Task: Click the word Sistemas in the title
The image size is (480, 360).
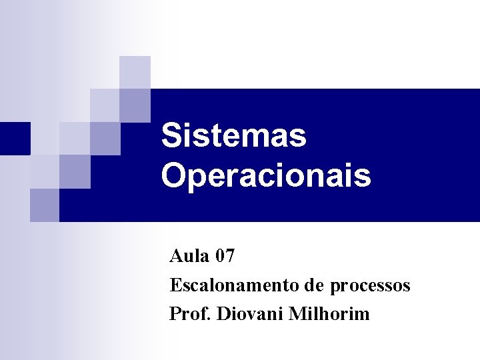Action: [233, 135]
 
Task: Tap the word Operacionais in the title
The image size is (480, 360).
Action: [265, 176]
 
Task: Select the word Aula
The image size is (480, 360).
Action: [189, 255]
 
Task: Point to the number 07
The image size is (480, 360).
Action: [225, 255]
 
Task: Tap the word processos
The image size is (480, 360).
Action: [370, 286]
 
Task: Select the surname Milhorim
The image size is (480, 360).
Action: [329, 313]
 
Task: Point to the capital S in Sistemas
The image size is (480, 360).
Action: [171, 135]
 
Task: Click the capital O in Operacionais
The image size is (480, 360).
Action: [173, 176]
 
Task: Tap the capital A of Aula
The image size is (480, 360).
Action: [176, 255]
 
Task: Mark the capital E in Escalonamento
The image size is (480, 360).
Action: [175, 285]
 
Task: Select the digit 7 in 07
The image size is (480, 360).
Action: [229, 255]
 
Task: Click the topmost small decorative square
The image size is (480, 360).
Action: [135, 72]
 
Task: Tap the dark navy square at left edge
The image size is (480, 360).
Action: [15, 138]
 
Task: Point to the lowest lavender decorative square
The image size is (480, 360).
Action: [44, 205]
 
